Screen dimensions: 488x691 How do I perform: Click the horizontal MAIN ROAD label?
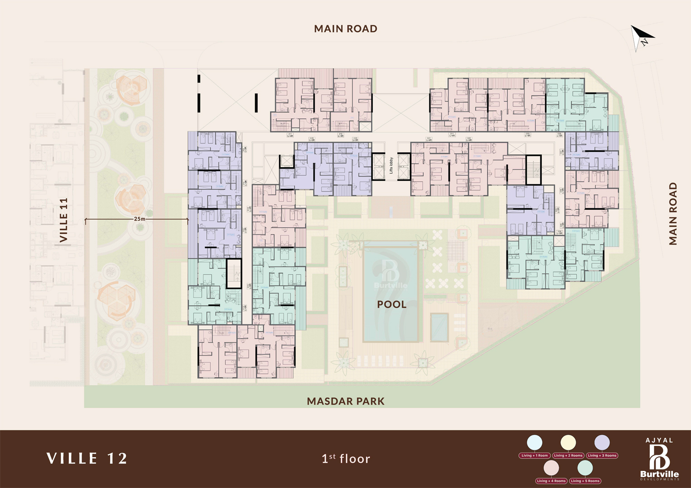coord(345,29)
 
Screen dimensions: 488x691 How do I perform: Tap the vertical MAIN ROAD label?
coord(673,213)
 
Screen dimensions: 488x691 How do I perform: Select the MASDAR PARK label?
coord(345,401)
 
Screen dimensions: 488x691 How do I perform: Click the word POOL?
coord(392,304)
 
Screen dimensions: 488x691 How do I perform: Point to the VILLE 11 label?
coord(64,220)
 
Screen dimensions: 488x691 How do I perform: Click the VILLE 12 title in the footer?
coord(87,458)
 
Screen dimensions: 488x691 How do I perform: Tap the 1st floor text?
coord(346,459)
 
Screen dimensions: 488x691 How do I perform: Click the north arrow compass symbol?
coord(642,37)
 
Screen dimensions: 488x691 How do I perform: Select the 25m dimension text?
coord(140,219)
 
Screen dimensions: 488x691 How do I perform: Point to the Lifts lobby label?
coord(391,165)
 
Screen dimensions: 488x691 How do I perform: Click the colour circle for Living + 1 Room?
coord(535,442)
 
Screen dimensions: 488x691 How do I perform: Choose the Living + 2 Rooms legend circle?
coord(568,442)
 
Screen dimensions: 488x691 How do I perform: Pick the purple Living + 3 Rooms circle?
coord(602,442)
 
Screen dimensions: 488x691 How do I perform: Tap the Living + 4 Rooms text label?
coord(551,481)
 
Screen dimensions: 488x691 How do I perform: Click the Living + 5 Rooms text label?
coord(585,481)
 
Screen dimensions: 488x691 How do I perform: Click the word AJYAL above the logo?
coord(659,440)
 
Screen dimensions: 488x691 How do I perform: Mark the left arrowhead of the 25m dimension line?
coord(86,221)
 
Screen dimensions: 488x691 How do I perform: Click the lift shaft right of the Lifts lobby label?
coord(404,166)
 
